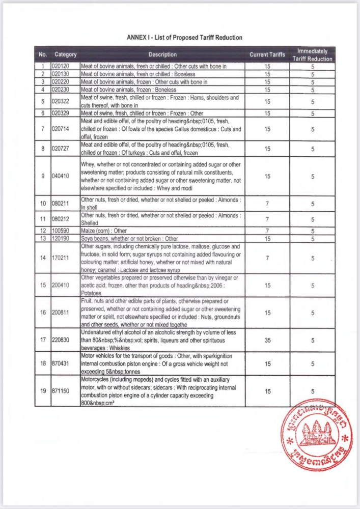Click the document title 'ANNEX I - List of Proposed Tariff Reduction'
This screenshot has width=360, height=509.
184,38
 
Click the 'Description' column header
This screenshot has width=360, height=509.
162,54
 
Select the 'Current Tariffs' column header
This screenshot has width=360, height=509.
267,54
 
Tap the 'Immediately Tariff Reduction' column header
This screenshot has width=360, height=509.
313,55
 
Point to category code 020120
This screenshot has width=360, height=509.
62,67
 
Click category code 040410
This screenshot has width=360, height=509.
62,176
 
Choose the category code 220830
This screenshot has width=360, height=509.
62,341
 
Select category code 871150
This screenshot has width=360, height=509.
62,391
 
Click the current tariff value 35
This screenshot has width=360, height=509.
267,341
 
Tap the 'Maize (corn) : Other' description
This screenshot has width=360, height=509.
104,231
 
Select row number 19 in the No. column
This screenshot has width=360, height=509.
43,391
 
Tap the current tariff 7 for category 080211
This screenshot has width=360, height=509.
267,204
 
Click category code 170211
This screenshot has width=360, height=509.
62,258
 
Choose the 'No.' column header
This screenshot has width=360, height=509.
43,54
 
